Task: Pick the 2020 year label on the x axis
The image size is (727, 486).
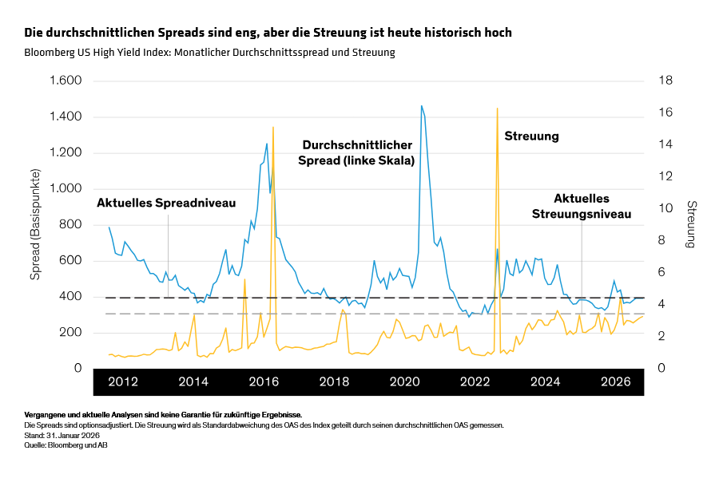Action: pos(405,381)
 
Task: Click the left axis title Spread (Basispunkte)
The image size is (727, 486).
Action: pos(35,224)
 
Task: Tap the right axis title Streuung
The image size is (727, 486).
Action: pos(692,224)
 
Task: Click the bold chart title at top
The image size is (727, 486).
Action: pos(268,33)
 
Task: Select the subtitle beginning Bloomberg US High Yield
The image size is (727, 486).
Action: pos(209,53)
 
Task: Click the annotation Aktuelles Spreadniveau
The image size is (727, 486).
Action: pos(166,203)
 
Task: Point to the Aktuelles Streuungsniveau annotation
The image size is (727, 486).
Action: pos(582,206)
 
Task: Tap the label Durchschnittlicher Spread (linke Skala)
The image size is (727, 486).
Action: pos(356,152)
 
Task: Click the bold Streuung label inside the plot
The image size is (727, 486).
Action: pos(531,136)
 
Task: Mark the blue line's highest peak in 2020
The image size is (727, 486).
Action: pos(421,105)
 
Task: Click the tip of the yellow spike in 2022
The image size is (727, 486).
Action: pos(497,108)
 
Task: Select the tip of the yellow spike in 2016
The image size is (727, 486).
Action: pos(273,127)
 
